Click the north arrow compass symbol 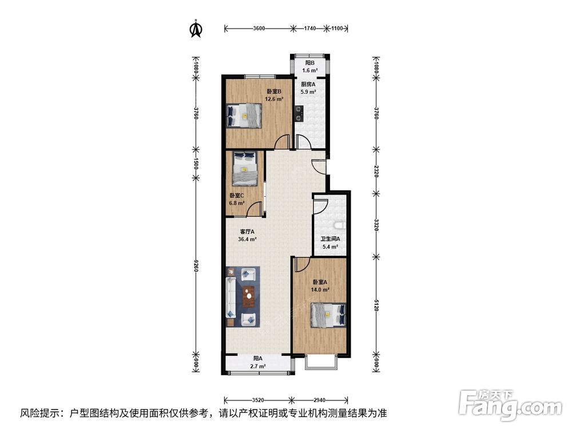pos(196,29)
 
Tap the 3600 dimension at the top pos(259,29)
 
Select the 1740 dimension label pos(309,29)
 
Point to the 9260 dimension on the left pos(196,268)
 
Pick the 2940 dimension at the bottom pos(319,400)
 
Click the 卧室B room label pos(273,91)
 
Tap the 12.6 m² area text pos(274,99)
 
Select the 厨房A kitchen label pos(308,84)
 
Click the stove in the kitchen pos(300,113)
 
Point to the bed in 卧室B pos(244,116)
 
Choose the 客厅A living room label pos(247,232)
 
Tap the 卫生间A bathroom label pos(330,239)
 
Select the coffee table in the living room pos(249,296)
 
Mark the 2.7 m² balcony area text pos(258,366)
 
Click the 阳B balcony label pos(310,63)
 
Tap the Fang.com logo pos(510,406)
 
